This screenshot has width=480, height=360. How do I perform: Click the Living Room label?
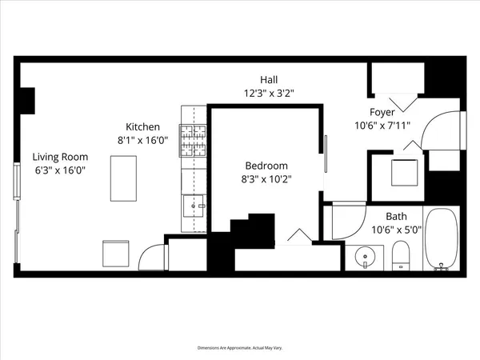point(60,158)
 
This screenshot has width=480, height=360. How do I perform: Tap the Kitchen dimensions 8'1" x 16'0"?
point(143,140)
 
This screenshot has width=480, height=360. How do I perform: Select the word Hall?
point(269,79)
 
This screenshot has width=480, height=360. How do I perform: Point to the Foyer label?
point(381,112)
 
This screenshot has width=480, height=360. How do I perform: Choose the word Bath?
point(396,216)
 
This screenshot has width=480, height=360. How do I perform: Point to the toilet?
point(402,258)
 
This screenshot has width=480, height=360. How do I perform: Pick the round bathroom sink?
point(366,258)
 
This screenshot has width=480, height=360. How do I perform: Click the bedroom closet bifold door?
point(298,236)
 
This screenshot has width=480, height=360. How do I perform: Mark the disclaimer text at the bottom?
point(239,348)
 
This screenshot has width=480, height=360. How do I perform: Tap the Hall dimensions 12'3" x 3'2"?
point(269,92)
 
